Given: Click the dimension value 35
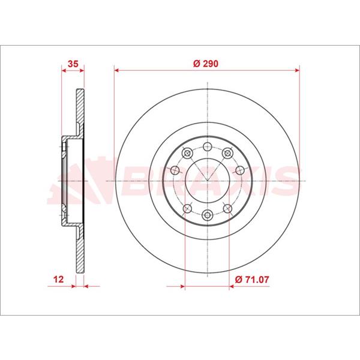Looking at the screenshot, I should tap(73, 62).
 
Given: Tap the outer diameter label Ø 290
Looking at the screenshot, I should tap(206, 62).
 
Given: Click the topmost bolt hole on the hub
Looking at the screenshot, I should tap(207, 145).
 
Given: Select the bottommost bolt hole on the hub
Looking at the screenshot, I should tap(207, 216).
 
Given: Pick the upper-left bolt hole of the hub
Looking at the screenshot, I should tap(186, 154).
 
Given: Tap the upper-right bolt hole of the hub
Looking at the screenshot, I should tap(228, 154).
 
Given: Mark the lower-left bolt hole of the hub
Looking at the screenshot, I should tap(186, 208).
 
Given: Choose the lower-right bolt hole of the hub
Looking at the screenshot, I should tap(228, 208).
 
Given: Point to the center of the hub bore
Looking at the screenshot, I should tap(207, 181).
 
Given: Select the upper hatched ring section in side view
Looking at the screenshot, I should tap(80, 111).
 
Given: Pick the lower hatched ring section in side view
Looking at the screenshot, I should tap(80, 249).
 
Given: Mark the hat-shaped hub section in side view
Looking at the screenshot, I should tap(67, 180).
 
